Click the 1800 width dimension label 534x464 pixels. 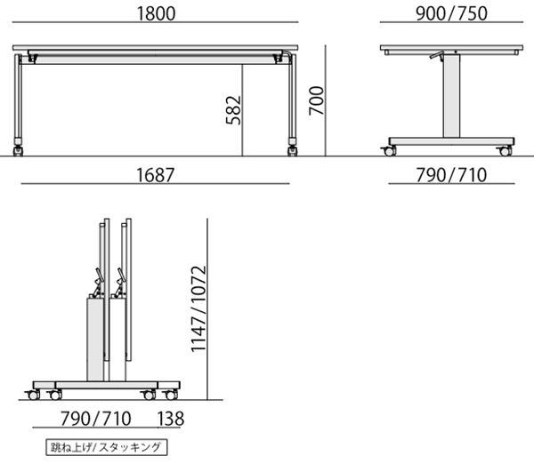pyautogui.click(x=156, y=13)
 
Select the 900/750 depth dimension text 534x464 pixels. pyautogui.click(x=451, y=13)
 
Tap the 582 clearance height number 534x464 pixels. pyautogui.click(x=233, y=110)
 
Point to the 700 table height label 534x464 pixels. pyautogui.click(x=316, y=100)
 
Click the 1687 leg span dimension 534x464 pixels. pyautogui.click(x=155, y=175)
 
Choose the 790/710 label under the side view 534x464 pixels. pyautogui.click(x=451, y=175)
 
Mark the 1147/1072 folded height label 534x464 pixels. pyautogui.click(x=198, y=308)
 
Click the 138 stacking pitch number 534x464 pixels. pyautogui.click(x=171, y=419)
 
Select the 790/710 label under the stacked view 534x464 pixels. pyautogui.click(x=96, y=419)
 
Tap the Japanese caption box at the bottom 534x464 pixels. pyautogui.click(x=107, y=447)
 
